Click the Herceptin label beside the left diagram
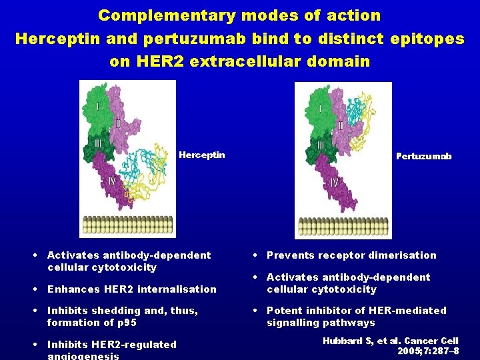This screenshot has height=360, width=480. point(202,155)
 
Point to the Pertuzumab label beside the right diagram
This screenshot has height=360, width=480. point(423,157)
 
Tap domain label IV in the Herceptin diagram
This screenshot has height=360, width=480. point(112,181)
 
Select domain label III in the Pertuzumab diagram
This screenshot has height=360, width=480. point(321,146)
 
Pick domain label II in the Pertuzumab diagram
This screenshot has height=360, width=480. point(340,125)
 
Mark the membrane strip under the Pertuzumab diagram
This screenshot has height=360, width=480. point(343,227)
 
